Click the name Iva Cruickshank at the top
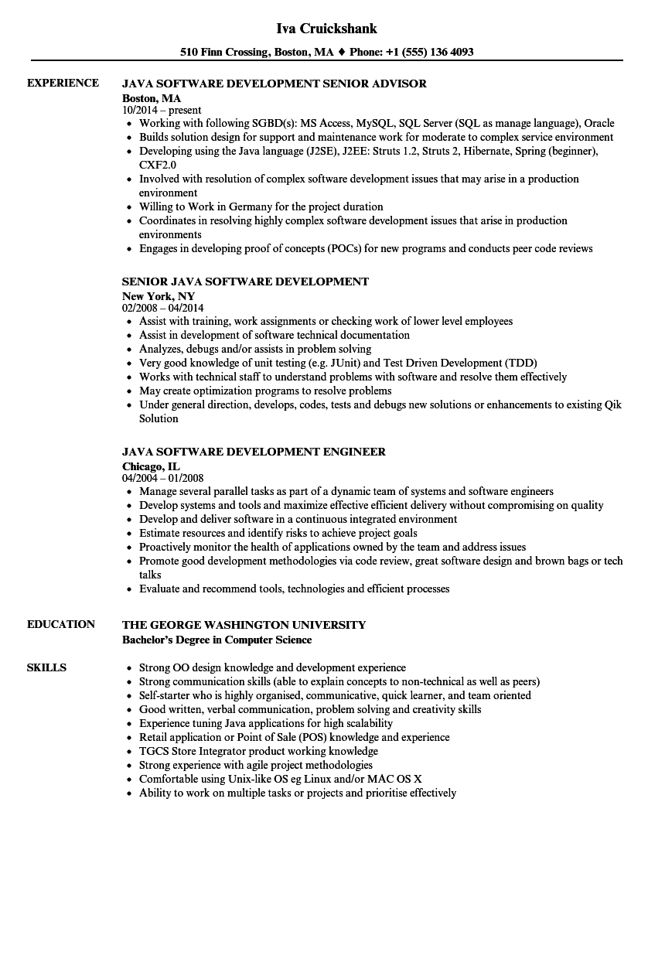click(x=326, y=29)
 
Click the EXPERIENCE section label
click(x=63, y=83)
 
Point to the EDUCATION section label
click(x=61, y=624)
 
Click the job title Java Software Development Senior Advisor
click(x=275, y=84)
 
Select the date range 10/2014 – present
click(x=162, y=111)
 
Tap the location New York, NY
click(x=159, y=296)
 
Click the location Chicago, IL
click(x=151, y=466)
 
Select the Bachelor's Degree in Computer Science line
click(x=217, y=640)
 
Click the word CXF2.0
click(x=158, y=165)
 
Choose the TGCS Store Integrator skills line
click(x=258, y=751)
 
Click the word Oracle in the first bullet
click(x=598, y=123)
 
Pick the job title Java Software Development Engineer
click(x=254, y=452)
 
